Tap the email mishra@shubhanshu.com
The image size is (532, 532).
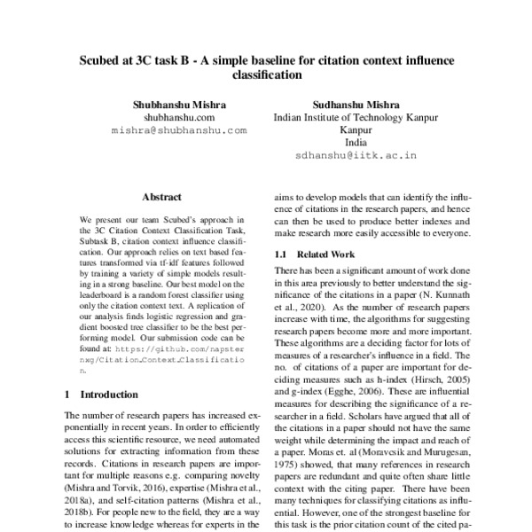click(x=179, y=129)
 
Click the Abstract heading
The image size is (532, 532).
click(x=161, y=197)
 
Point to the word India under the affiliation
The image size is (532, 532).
click(x=356, y=141)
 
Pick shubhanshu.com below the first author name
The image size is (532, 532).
click(x=179, y=115)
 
